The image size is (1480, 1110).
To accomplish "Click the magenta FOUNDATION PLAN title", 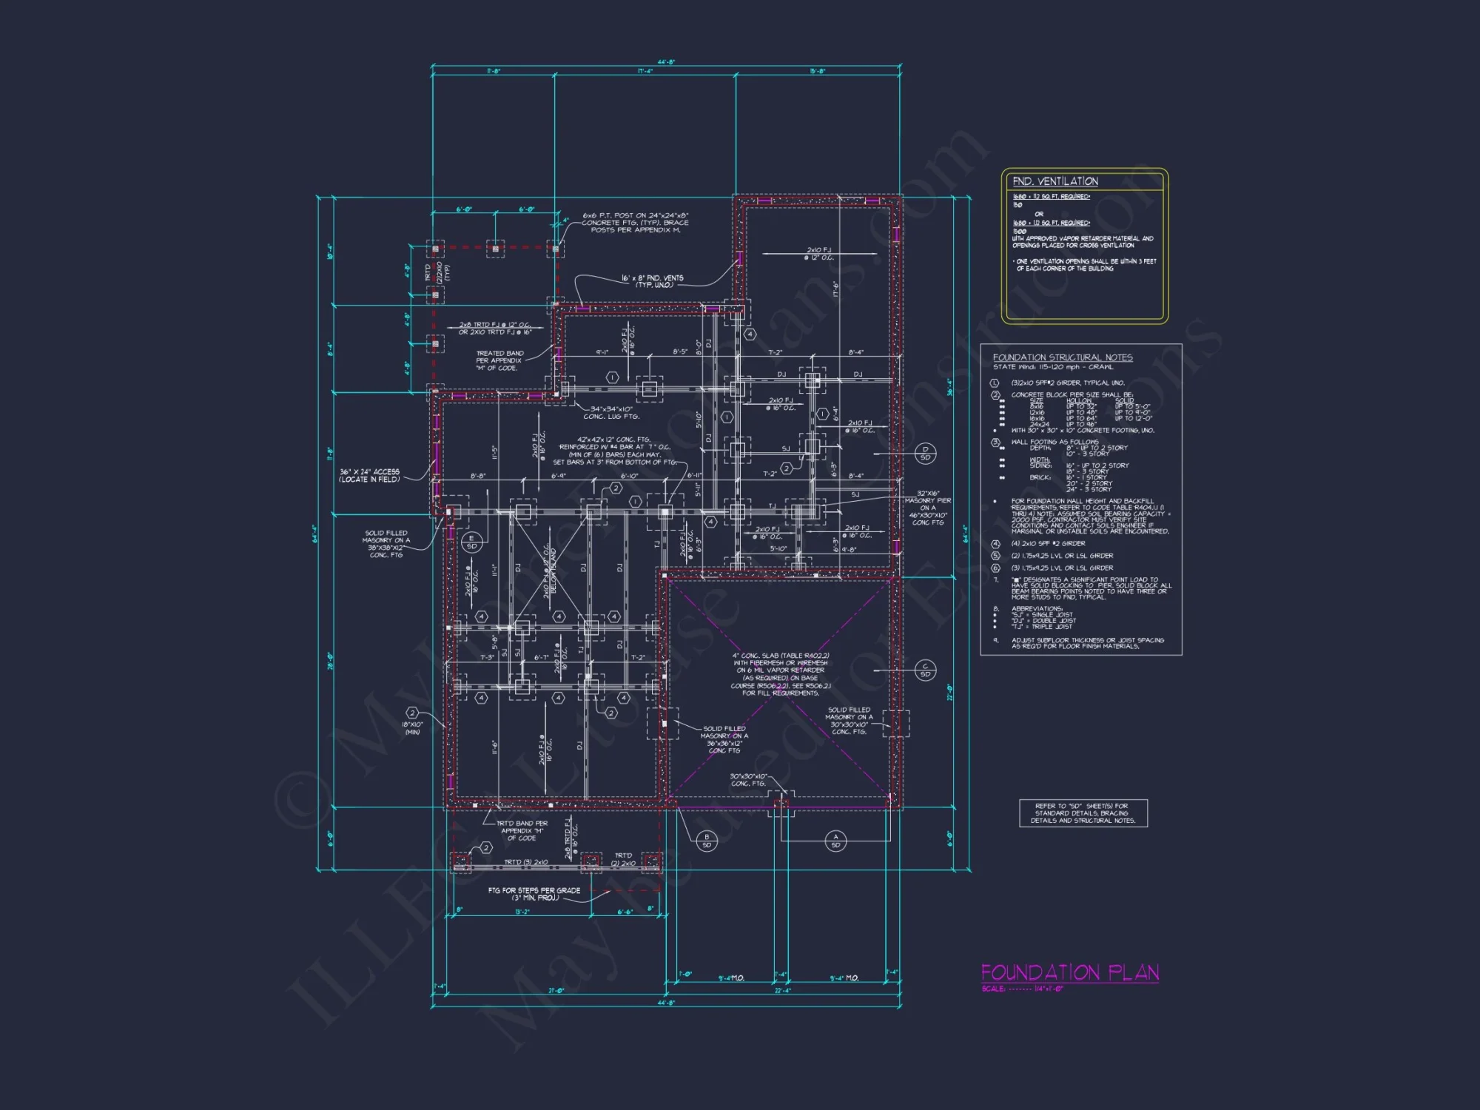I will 1069,972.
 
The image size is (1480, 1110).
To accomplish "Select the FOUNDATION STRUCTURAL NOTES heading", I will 1062,357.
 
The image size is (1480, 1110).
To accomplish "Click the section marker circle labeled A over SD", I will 835,841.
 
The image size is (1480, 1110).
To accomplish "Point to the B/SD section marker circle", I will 707,841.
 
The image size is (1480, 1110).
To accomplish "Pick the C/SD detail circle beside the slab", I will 925,670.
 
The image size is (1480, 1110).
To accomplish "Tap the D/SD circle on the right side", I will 925,454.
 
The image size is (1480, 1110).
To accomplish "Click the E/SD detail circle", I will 471,542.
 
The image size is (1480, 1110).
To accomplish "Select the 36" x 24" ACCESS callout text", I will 369,475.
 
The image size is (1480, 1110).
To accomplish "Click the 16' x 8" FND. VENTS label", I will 652,281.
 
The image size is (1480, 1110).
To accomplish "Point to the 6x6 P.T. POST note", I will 635,223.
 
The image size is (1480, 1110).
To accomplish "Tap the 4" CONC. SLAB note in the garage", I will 781,674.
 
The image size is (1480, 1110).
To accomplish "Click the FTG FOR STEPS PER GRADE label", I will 534,894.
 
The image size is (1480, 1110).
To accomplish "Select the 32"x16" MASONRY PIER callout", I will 927,508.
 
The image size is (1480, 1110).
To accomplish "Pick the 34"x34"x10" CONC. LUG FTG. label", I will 611,412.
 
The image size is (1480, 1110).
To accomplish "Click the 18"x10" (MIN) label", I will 412,728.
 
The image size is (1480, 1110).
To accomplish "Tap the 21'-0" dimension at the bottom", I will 555,990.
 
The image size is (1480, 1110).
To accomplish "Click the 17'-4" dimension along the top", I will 645,71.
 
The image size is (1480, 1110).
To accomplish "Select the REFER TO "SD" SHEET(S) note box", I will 1083,813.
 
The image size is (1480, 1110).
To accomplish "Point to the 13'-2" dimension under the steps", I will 522,912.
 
